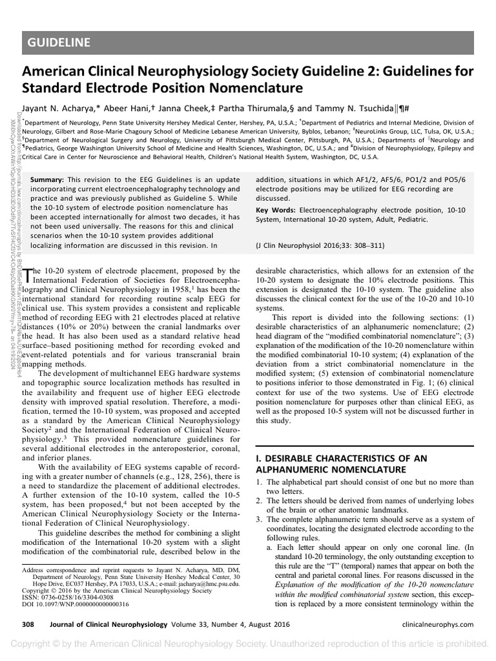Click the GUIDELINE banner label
[x=59, y=43]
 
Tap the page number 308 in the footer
[x=28, y=625]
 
